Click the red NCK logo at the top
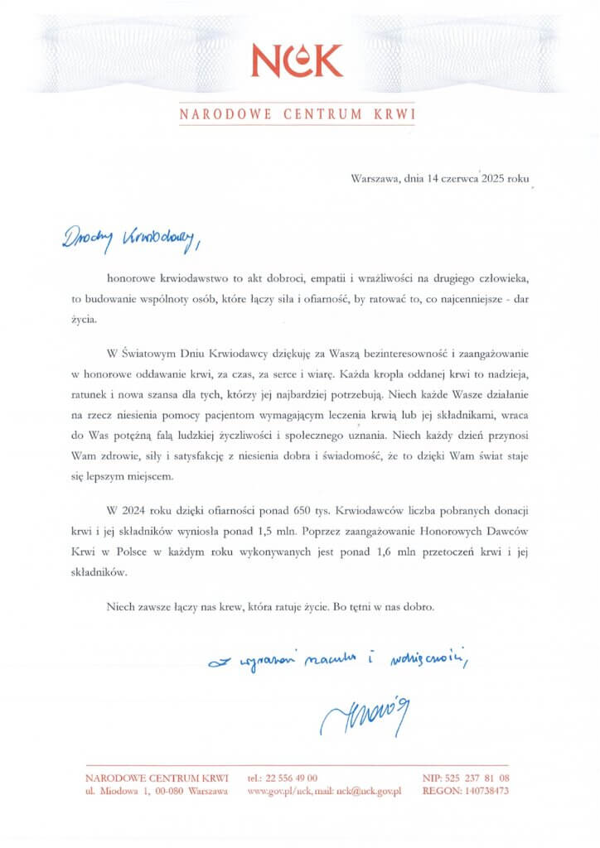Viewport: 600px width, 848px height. click(x=296, y=60)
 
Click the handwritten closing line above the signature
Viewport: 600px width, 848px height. click(x=339, y=660)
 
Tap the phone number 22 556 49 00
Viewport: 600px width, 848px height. click(x=290, y=778)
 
